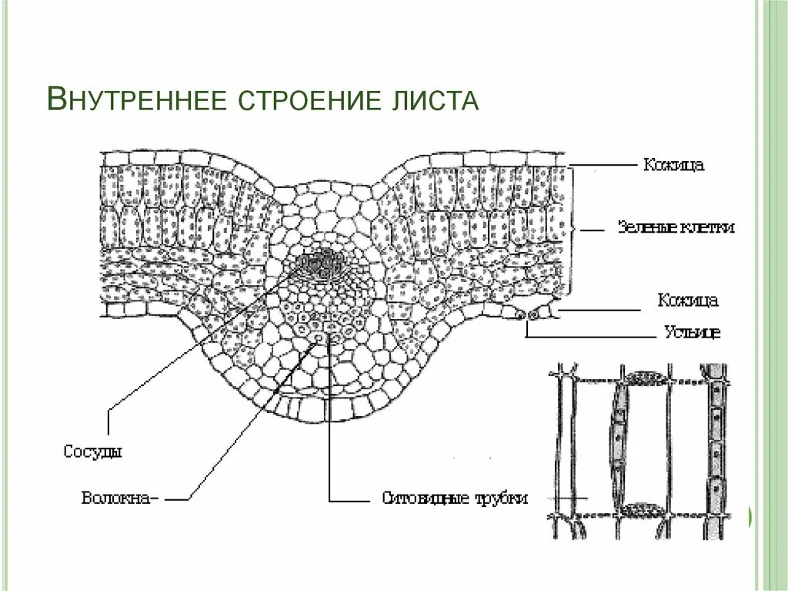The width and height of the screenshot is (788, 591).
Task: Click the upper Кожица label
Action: click(673, 164)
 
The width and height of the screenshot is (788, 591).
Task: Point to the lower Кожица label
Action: click(688, 300)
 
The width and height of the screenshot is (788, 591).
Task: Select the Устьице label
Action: click(691, 333)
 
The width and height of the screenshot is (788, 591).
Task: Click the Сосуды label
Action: click(92, 452)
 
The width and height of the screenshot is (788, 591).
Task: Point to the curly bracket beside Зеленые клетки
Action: click(574, 229)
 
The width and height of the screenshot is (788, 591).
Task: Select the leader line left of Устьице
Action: click(593, 337)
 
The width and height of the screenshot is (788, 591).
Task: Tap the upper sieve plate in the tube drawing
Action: click(646, 378)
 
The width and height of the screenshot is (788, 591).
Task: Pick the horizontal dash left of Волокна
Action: click(178, 499)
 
